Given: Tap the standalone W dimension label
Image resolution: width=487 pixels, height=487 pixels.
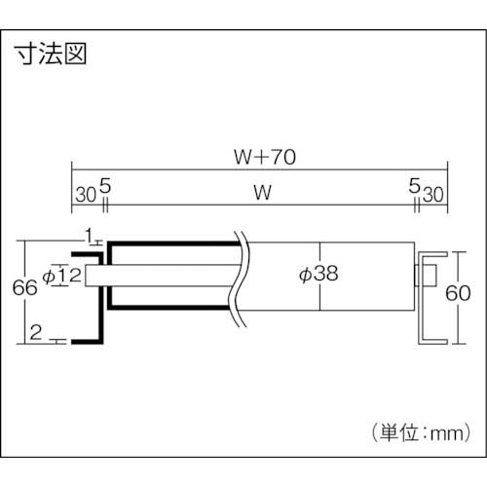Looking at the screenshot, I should [260, 194].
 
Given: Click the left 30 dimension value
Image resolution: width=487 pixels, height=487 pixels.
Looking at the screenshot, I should [84, 194].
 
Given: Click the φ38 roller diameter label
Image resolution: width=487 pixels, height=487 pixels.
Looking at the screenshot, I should [316, 274].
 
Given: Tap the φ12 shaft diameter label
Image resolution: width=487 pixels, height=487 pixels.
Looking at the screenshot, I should [62, 276].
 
